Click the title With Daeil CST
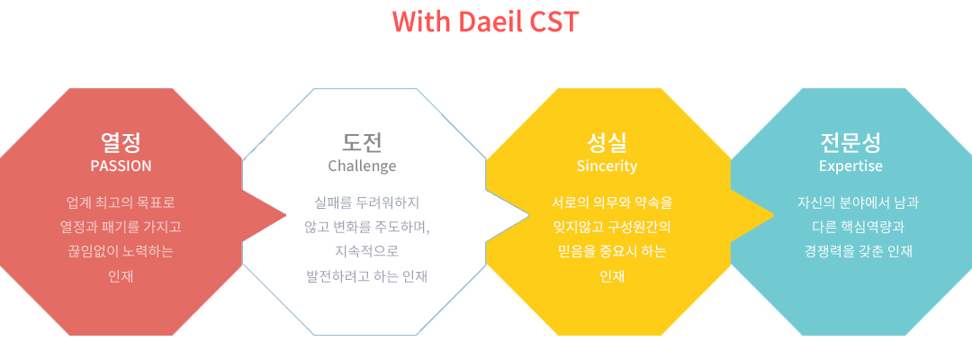pos(485,21)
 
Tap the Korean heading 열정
pos(121,142)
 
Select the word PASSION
pos(121,166)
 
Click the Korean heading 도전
pos(362,142)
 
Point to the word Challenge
pos(362,166)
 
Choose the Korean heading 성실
pos(607,142)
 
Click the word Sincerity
pos(607,166)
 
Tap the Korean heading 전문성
pos(850,142)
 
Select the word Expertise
pos(850,166)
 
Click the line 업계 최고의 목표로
pos(121,202)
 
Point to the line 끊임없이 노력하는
pos(121,252)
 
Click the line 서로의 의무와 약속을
pos(612,202)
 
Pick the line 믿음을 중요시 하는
pos(612,252)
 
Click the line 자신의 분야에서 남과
pos(858,202)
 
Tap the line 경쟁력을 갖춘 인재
pos(858,252)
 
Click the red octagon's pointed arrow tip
pos(286,216)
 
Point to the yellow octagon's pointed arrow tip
pos(774,216)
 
